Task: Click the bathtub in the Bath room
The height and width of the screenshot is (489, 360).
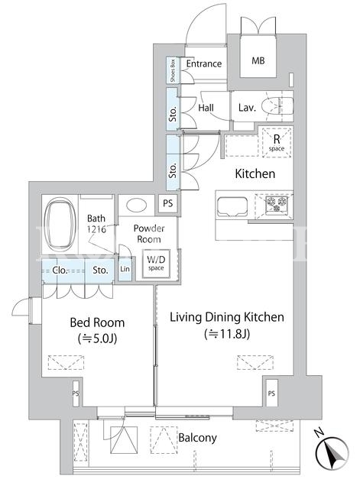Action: tap(60, 227)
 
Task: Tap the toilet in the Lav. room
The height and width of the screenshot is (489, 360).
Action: tap(277, 106)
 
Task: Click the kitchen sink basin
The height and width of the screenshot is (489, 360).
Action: tap(232, 206)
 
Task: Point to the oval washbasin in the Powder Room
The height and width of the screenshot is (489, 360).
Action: tap(137, 206)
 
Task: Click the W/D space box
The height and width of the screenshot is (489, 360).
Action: tap(156, 264)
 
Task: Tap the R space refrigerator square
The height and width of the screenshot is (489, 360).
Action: tap(277, 142)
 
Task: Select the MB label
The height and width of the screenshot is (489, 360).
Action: tap(258, 60)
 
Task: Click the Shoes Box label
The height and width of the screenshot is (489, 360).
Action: tap(173, 70)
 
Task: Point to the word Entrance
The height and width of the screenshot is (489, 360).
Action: tap(204, 63)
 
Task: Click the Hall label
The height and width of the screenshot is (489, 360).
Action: tap(206, 108)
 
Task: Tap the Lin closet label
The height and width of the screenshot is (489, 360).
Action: tap(125, 268)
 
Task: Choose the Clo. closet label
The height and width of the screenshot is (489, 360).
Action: tap(60, 270)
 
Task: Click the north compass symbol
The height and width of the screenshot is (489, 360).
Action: tap(332, 452)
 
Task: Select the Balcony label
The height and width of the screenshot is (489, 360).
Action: tap(197, 438)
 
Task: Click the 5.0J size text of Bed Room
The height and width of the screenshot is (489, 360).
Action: tap(97, 338)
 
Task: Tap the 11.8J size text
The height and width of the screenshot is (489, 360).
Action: tap(227, 335)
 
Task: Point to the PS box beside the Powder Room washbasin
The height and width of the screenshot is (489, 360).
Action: tap(168, 203)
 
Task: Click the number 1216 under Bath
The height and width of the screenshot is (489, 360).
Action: tap(97, 229)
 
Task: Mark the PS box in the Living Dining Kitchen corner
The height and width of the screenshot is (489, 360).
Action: tap(271, 393)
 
